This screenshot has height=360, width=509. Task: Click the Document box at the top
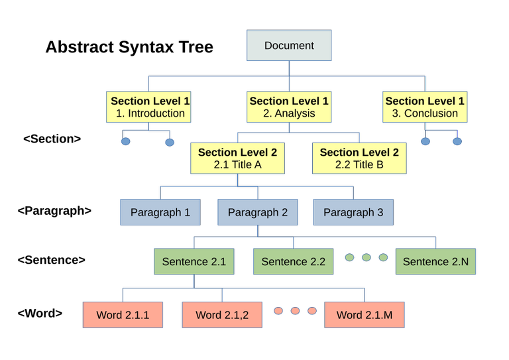point(289,46)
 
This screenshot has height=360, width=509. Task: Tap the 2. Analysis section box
point(289,107)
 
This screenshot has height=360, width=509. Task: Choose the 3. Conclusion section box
point(425,107)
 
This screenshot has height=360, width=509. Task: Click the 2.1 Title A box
point(237,158)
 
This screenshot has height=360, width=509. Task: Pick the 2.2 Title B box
point(359,158)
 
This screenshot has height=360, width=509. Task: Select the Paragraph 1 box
point(160,212)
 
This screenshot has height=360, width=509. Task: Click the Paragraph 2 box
point(258,212)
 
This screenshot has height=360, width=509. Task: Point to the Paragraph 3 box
point(353,212)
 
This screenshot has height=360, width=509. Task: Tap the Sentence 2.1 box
point(194,261)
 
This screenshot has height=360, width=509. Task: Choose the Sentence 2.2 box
point(293,261)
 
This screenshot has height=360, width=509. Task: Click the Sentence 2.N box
point(435,261)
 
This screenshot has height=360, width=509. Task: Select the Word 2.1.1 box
point(123,315)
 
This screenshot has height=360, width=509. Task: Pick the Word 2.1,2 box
point(222,315)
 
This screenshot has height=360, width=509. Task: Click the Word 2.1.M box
point(365,315)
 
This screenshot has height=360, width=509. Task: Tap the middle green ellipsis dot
point(367,257)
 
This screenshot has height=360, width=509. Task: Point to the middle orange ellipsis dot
point(296,310)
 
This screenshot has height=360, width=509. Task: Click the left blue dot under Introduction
point(126,141)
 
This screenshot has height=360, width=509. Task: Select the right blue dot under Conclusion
point(457,141)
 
